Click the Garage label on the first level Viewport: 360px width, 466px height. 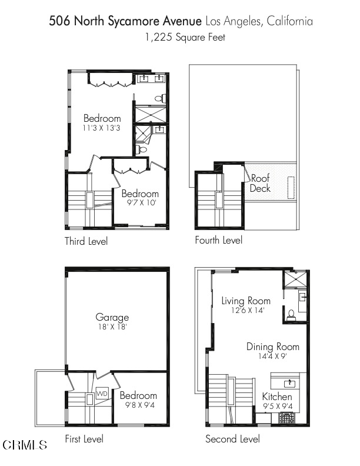[x=112, y=318]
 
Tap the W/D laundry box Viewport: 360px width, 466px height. [x=102, y=394]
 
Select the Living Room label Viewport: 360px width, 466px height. [x=246, y=301]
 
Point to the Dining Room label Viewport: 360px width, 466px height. [x=273, y=347]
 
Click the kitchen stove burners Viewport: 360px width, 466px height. [x=286, y=418]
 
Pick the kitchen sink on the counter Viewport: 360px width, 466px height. [x=289, y=384]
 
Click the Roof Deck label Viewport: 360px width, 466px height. [x=260, y=183]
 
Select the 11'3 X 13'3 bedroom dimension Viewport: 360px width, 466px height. [x=101, y=128]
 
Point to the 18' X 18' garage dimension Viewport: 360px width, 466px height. [x=112, y=327]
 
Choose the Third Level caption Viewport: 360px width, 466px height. [x=86, y=241]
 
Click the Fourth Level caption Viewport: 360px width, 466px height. [x=219, y=240]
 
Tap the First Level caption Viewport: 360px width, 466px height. [x=84, y=439]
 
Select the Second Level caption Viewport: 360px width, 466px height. [x=232, y=439]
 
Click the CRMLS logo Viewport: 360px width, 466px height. [x=25, y=445]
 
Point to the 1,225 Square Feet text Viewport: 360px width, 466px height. [x=185, y=38]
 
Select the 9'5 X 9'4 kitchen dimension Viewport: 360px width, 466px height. [x=278, y=406]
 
